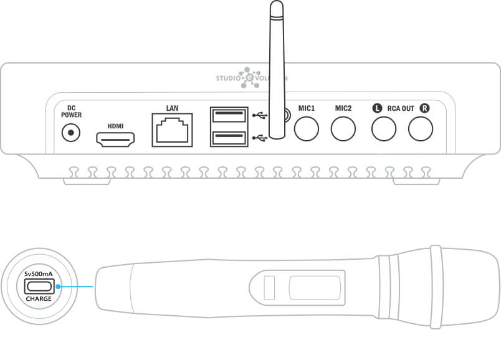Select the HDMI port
pyautogui.click(x=116, y=140)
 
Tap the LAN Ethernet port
pyautogui.click(x=172, y=129)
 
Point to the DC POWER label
pyautogui.click(x=71, y=111)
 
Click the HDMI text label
pyautogui.click(x=116, y=126)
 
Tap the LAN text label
pyautogui.click(x=172, y=108)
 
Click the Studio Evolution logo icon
pyautogui.click(x=250, y=78)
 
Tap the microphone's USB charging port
pyautogui.click(x=38, y=287)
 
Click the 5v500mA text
pyautogui.click(x=38, y=274)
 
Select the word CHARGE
pyautogui.click(x=38, y=298)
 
